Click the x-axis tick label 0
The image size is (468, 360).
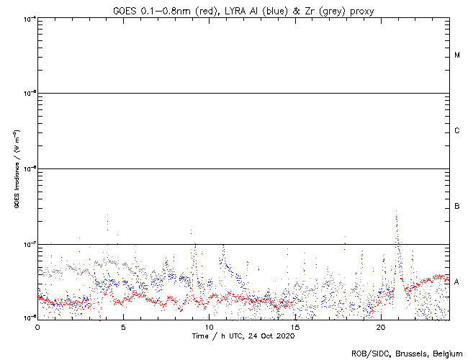coord(37,326)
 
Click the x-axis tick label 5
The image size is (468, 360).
coord(123,326)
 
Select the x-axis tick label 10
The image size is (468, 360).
coord(209,326)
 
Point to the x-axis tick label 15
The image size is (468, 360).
coord(294,326)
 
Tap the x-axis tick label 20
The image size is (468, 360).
coord(381,326)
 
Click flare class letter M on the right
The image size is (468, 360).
coord(457,55)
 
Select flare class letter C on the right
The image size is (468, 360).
coord(457,131)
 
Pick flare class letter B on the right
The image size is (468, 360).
coord(457,207)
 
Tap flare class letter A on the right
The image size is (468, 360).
coord(457,282)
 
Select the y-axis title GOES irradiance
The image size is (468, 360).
coord(16,169)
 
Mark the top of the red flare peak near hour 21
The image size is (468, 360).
coord(397,214)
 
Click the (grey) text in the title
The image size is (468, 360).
coord(326,9)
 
